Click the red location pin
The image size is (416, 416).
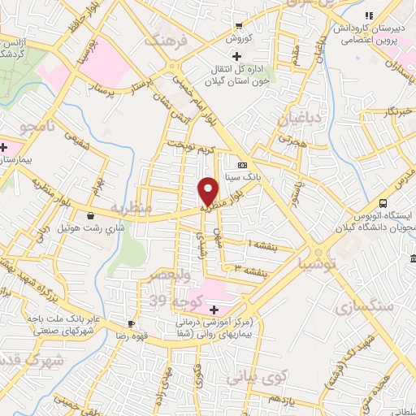tap(210, 190)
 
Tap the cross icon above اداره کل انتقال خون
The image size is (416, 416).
tap(236, 56)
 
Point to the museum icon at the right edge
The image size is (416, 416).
tap(412, 258)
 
